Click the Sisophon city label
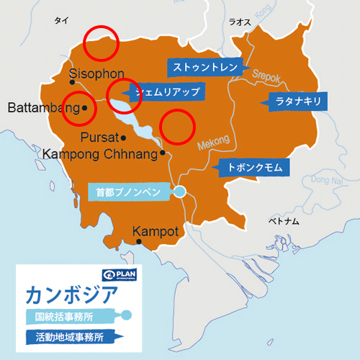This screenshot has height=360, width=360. [97, 73]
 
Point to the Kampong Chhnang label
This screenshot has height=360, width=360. [100, 153]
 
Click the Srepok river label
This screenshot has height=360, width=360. [269, 73]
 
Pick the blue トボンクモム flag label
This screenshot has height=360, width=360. [253, 167]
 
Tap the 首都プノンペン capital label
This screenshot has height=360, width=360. [130, 192]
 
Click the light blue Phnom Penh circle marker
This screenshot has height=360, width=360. [179, 191]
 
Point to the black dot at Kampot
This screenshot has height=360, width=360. [139, 242]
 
